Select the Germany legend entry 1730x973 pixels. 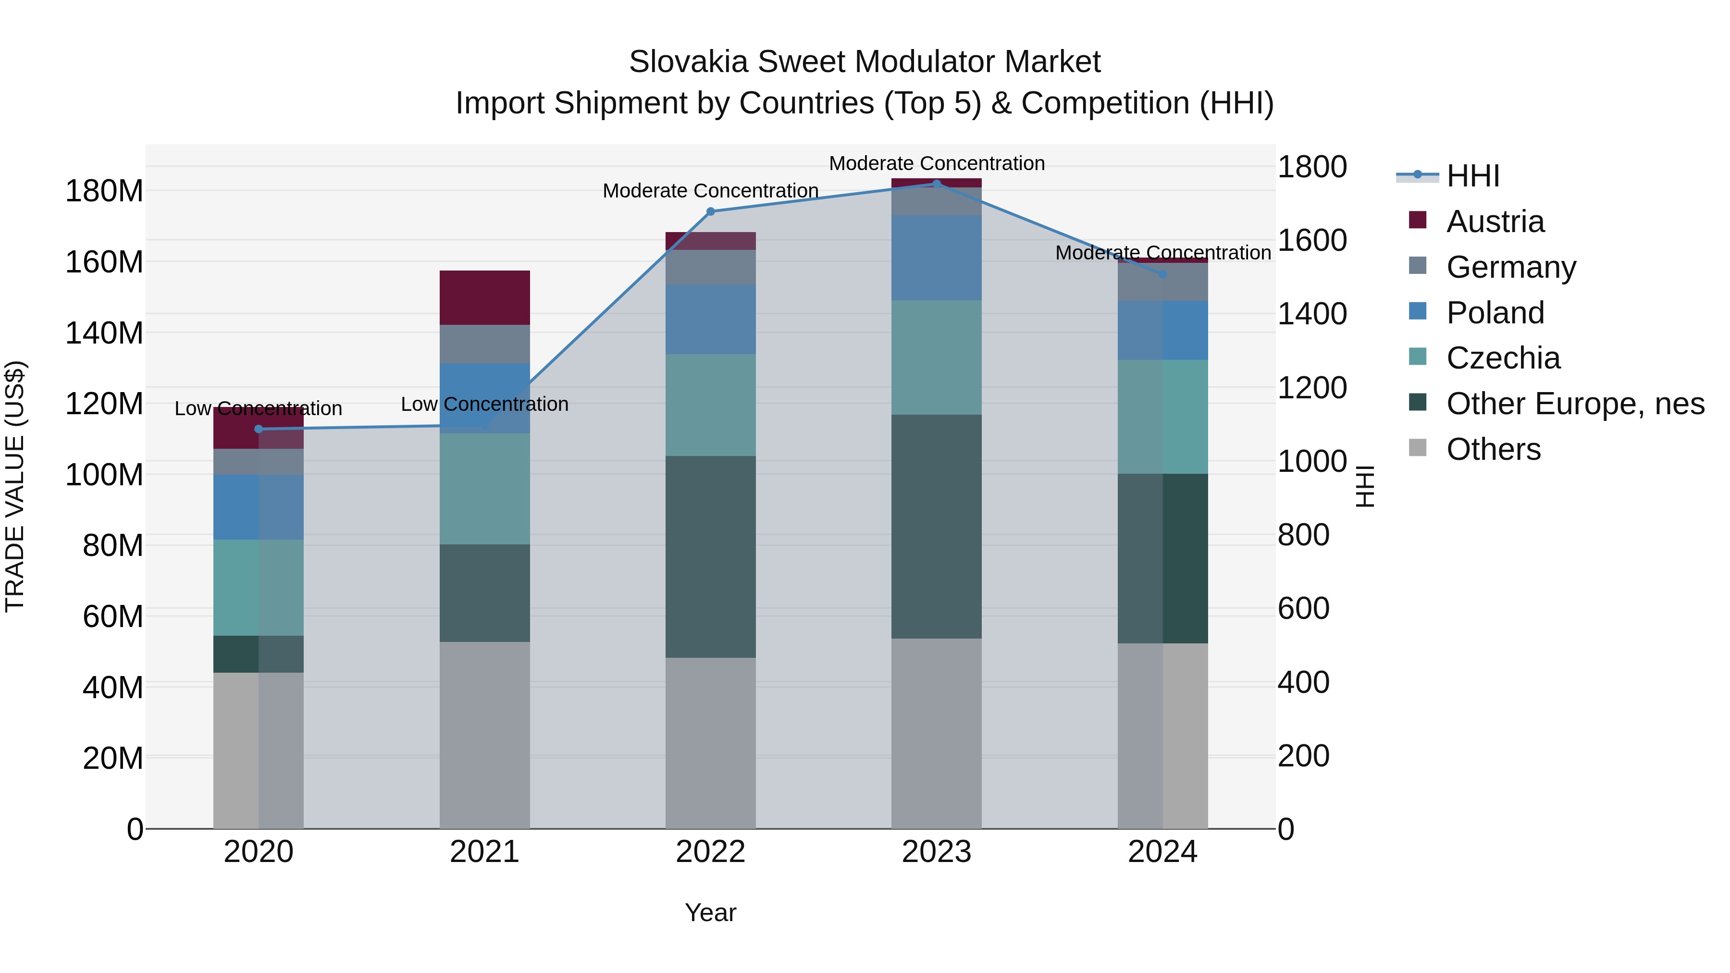click(1510, 267)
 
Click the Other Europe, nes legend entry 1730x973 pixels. click(1574, 404)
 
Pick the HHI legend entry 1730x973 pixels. click(1472, 176)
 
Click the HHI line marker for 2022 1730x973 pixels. click(711, 211)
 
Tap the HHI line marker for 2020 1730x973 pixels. click(259, 429)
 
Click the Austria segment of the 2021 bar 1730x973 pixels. click(484, 297)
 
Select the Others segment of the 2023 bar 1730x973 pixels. click(936, 733)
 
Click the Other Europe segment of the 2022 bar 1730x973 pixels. click(711, 557)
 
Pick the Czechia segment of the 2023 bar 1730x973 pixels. click(936, 357)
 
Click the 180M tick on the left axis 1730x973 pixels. click(104, 191)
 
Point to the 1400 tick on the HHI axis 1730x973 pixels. click(1311, 314)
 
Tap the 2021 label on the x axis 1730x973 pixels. click(484, 852)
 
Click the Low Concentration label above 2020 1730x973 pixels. click(259, 408)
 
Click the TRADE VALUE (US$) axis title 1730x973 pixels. click(15, 486)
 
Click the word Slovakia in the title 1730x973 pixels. click(688, 62)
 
